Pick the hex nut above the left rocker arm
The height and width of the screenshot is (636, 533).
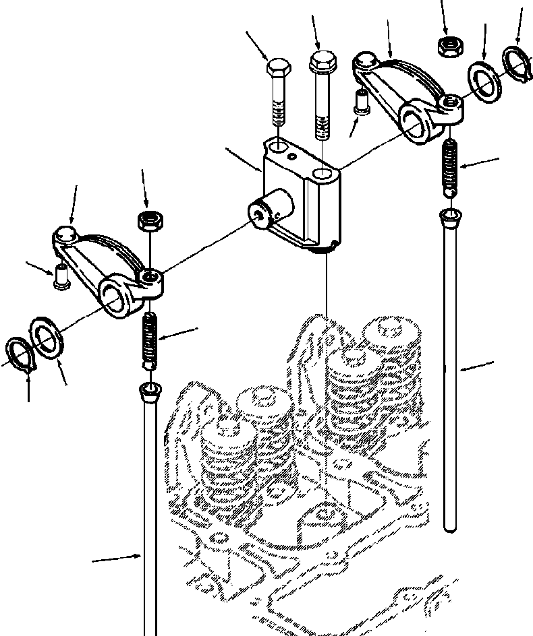point(147,220)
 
